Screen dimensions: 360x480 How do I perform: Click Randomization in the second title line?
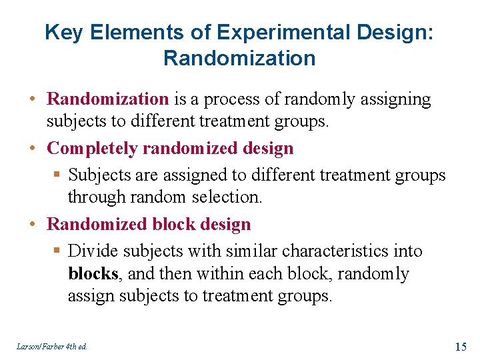(239, 59)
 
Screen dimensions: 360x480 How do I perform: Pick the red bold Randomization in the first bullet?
(107, 99)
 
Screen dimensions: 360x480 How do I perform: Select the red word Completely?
(88, 148)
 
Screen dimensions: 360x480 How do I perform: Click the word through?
(93, 197)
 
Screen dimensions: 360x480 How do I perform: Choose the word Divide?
(93, 251)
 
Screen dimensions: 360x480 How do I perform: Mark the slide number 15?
(460, 346)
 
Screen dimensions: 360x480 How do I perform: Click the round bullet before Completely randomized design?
(32, 148)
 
